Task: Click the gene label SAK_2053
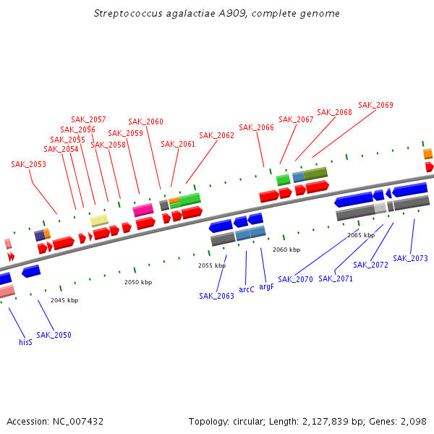(28, 164)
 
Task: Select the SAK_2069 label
(375, 105)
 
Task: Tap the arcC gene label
(247, 289)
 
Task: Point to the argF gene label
(266, 286)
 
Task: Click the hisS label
(25, 342)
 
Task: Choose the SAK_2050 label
(54, 335)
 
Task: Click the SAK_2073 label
(410, 258)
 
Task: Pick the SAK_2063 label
(216, 296)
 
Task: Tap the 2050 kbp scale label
(138, 282)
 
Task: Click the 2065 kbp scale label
(361, 235)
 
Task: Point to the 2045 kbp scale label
(64, 299)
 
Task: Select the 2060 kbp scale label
(286, 250)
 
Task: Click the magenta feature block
(143, 210)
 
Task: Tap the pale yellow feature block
(99, 220)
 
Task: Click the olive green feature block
(315, 174)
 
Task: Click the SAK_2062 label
(216, 135)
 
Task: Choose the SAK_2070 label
(295, 278)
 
